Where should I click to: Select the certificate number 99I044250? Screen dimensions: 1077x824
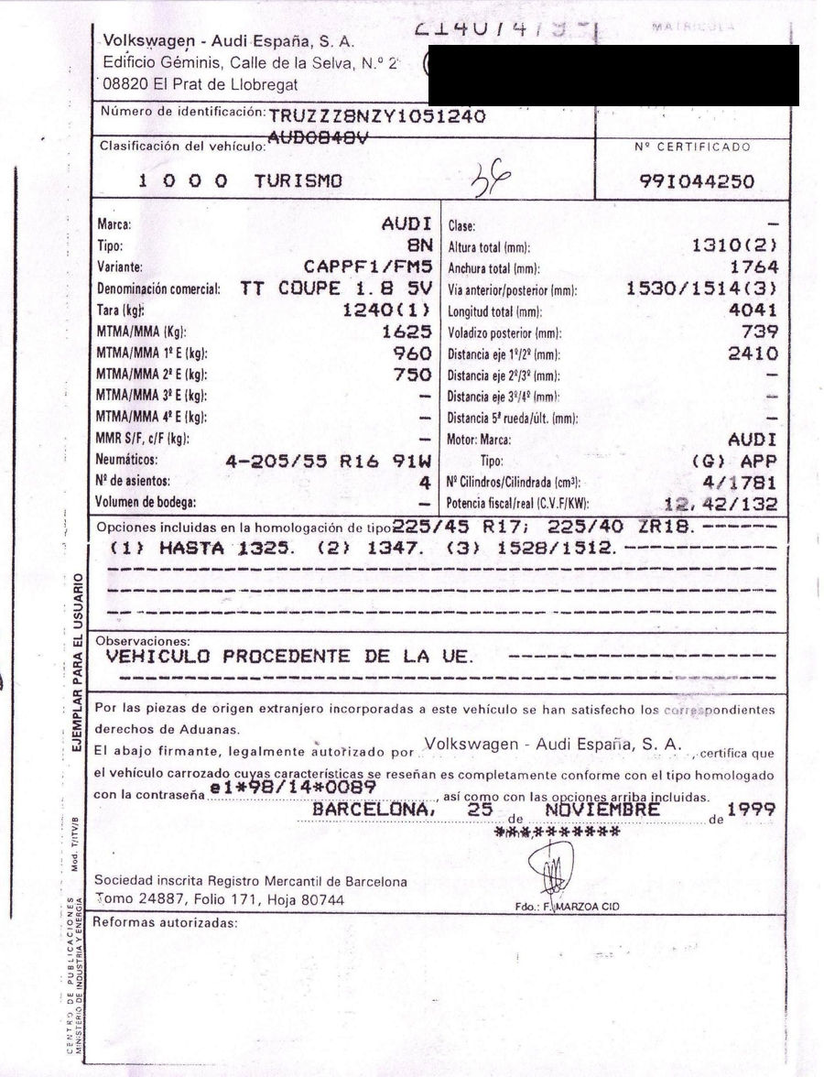pos(697,181)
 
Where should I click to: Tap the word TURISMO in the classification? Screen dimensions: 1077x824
pos(298,181)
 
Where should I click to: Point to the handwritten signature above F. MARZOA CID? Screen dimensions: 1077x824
pos(555,866)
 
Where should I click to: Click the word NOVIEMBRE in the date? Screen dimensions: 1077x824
pos(602,810)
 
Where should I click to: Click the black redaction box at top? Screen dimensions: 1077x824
pos(613,75)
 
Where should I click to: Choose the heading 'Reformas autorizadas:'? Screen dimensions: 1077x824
pos(165,922)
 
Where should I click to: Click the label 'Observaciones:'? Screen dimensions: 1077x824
pos(143,640)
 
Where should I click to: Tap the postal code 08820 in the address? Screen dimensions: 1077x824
pos(125,83)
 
